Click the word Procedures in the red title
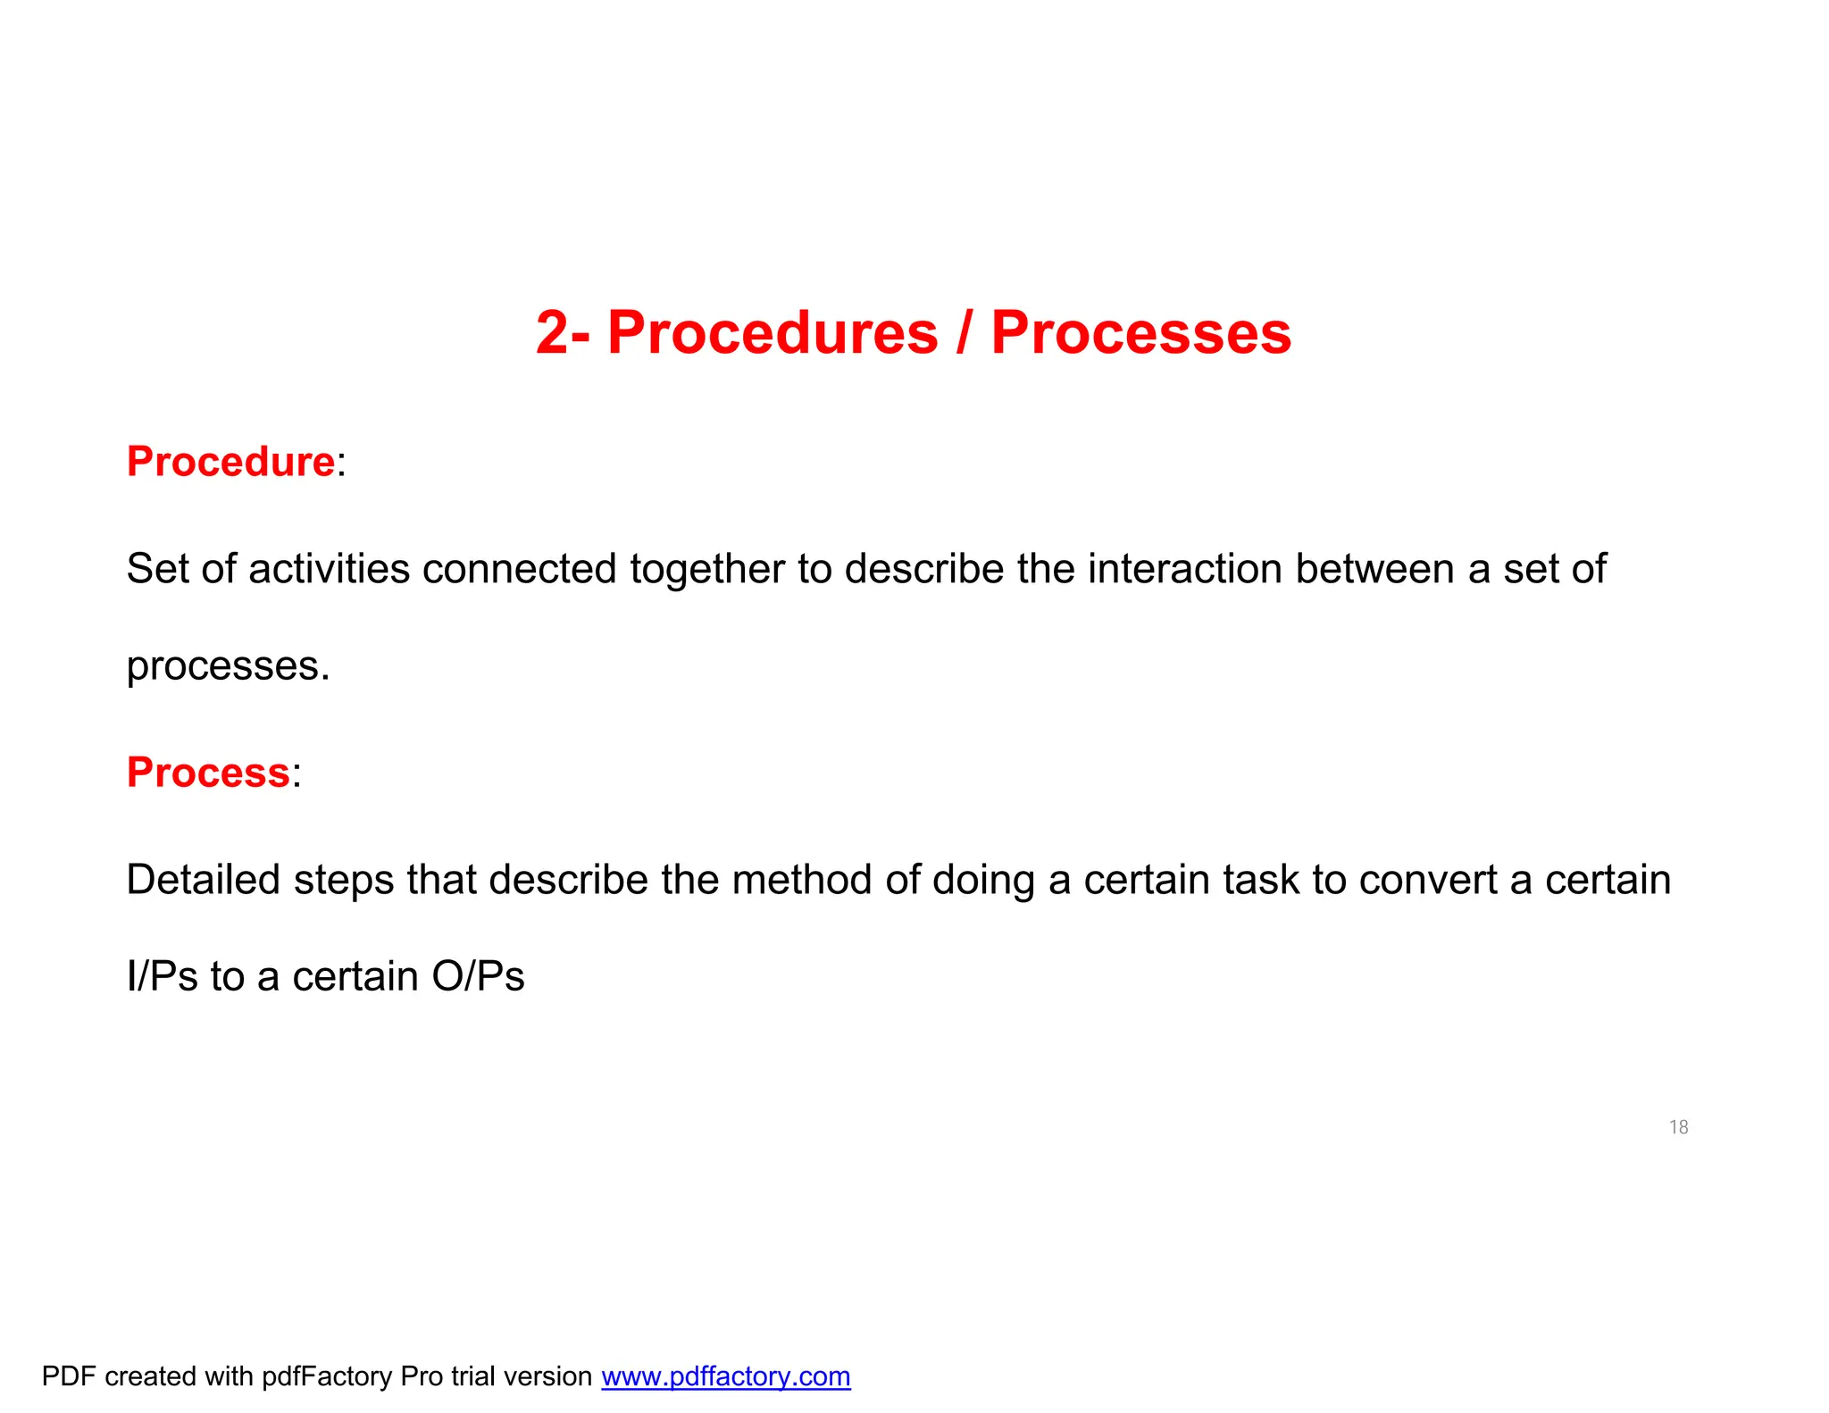773,333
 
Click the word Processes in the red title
1140,333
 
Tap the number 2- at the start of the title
563,333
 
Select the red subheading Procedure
230,462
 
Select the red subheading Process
208,773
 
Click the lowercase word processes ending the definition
228,666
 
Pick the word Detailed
204,880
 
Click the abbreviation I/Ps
162,976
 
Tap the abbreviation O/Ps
478,976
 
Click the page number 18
1678,1127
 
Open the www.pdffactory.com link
725,1376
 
